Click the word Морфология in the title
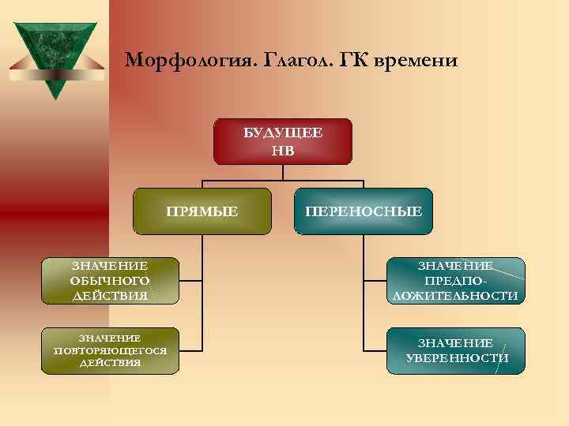coord(171,61)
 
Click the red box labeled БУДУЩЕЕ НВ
coord(282,141)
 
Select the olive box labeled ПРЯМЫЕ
coord(202,211)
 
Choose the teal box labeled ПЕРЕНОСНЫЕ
coord(364,211)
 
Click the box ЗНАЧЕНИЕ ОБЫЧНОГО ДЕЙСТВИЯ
coord(110,281)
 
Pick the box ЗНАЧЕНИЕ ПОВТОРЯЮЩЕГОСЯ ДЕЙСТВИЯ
coord(110,349)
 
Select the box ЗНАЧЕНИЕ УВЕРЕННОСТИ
coord(455,349)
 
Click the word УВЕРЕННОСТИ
coord(456,358)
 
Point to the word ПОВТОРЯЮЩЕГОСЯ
coord(110,350)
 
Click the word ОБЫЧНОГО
coord(110,281)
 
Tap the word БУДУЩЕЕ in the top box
coord(282,133)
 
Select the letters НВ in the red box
coord(282,150)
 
